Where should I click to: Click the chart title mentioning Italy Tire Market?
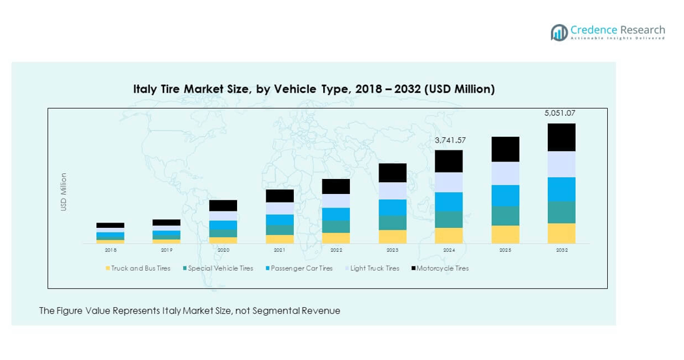tap(314, 89)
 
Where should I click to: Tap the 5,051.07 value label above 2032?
tap(560, 113)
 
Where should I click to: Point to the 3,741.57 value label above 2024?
tap(450, 140)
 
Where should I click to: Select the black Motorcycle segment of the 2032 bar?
tap(561, 137)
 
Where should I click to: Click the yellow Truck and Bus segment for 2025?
tap(505, 234)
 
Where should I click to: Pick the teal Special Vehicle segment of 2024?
tap(449, 219)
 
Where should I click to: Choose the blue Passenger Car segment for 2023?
tap(393, 207)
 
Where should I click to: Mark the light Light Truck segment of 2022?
tap(336, 201)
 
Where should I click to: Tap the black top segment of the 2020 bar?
tap(223, 205)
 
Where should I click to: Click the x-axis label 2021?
tap(279, 250)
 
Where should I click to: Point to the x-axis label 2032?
tap(561, 250)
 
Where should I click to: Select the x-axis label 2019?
tap(167, 250)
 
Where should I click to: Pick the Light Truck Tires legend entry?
tap(375, 268)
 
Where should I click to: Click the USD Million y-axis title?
tap(64, 191)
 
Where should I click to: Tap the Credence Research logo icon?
tap(559, 33)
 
